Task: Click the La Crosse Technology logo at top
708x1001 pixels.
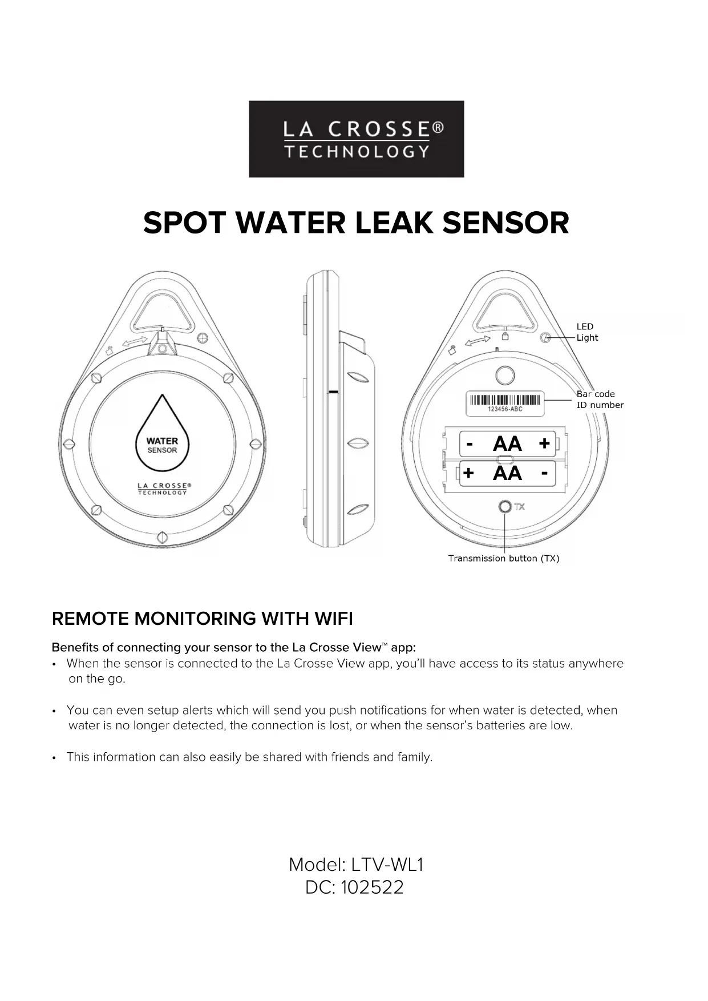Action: pyautogui.click(x=356, y=139)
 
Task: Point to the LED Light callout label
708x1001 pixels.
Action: pyautogui.click(x=586, y=332)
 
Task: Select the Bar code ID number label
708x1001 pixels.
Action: pyautogui.click(x=599, y=399)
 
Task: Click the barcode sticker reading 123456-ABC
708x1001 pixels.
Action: pyautogui.click(x=505, y=403)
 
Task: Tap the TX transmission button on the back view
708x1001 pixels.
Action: pyautogui.click(x=505, y=507)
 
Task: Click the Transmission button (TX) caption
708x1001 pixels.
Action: pyautogui.click(x=503, y=558)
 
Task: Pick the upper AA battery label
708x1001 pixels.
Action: pyautogui.click(x=507, y=443)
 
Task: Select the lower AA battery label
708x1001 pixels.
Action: pyautogui.click(x=507, y=473)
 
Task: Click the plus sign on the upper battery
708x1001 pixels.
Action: pyautogui.click(x=544, y=443)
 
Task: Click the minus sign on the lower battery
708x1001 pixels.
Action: pyautogui.click(x=544, y=473)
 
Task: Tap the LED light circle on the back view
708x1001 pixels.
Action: pyautogui.click(x=545, y=338)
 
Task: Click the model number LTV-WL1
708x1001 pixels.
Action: pyautogui.click(x=387, y=865)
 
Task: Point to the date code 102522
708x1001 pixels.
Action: pyautogui.click(x=372, y=887)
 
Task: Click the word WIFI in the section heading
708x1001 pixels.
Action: pyautogui.click(x=333, y=619)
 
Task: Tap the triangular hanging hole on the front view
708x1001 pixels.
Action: pyautogui.click(x=163, y=312)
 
